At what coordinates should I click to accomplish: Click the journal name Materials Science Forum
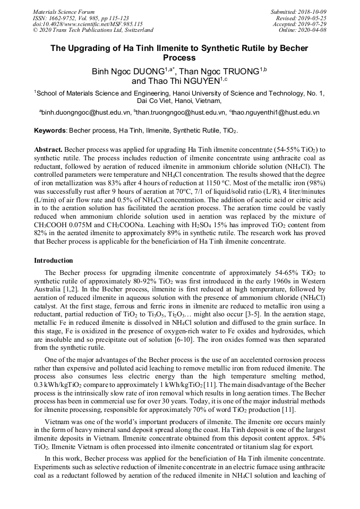click(64, 12)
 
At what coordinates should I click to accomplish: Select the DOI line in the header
click(88, 24)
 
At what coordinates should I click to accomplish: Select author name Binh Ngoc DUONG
click(127, 71)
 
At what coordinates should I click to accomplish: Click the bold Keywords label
click(50, 131)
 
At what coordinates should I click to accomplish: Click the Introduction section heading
click(54, 261)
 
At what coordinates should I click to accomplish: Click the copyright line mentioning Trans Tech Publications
click(93, 31)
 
